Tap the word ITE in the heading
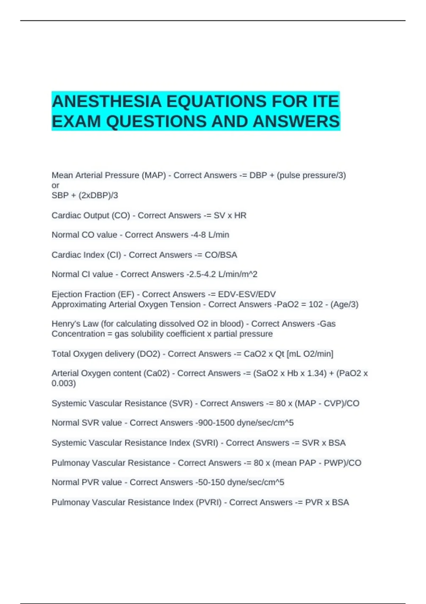point(326,102)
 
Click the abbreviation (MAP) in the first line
point(154,175)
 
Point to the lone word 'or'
point(55,185)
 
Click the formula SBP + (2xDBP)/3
point(85,195)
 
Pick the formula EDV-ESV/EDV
point(247,294)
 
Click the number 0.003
point(64,383)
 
